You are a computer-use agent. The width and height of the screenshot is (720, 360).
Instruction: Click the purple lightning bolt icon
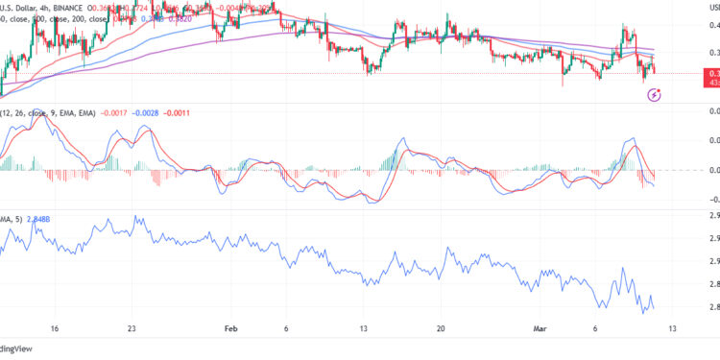coord(655,94)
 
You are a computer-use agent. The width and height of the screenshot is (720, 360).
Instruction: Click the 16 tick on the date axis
coord(54,327)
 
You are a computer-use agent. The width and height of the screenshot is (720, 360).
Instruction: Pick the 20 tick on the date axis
coord(442,327)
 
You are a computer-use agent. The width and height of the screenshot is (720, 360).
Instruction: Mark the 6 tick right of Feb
coord(286,327)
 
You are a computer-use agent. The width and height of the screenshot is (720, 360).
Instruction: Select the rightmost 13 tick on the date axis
coord(674,327)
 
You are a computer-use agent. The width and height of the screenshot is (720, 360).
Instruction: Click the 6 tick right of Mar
coord(596,327)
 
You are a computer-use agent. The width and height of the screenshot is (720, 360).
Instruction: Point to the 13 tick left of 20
coord(364,327)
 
